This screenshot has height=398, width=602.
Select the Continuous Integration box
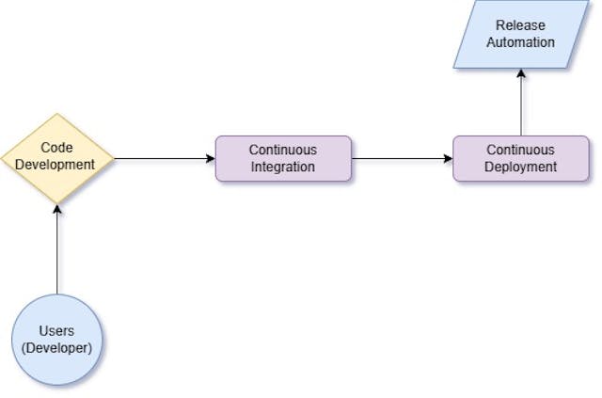click(x=283, y=158)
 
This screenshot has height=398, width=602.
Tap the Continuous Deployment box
click(x=520, y=158)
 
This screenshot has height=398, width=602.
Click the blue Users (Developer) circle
click(x=56, y=339)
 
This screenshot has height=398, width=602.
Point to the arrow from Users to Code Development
click(x=56, y=249)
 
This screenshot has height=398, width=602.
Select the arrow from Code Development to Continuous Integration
click(x=165, y=158)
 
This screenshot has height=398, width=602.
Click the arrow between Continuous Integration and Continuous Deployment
click(x=402, y=158)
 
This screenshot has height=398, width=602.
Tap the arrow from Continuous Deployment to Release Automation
click(x=520, y=102)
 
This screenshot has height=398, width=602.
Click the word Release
click(x=520, y=25)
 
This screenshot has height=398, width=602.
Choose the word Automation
click(x=520, y=42)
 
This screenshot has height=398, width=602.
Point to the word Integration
click(x=283, y=167)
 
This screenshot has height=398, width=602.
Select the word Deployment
click(x=520, y=167)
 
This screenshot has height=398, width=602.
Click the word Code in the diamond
click(x=56, y=148)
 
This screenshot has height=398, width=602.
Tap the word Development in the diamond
click(x=56, y=165)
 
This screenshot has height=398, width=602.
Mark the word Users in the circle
click(x=56, y=331)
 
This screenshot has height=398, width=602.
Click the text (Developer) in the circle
click(x=56, y=348)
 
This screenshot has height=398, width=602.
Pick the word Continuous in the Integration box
click(x=283, y=150)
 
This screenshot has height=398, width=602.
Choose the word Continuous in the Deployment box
click(x=520, y=150)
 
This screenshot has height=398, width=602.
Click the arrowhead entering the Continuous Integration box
click(x=211, y=158)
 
